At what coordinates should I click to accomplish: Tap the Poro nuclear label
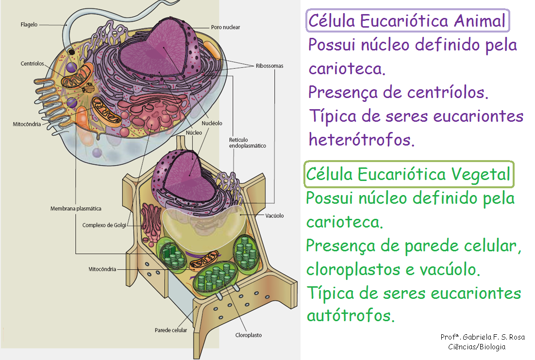coord(225,27)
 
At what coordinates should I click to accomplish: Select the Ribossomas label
coord(269,65)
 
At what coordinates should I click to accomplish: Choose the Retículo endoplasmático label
coord(247,143)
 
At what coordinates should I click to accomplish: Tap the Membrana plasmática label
coord(76,209)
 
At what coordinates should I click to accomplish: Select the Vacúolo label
coord(274,215)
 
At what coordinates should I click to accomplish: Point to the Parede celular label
coord(171,330)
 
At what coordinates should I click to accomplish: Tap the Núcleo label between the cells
coord(194,132)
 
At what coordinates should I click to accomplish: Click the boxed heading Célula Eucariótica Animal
coord(407,21)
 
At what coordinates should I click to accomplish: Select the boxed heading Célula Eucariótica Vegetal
coord(408,174)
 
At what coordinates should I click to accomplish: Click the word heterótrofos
coord(362,140)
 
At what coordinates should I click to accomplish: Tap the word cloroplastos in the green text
coord(351,270)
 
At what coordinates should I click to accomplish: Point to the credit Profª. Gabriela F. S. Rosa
coord(482,337)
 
